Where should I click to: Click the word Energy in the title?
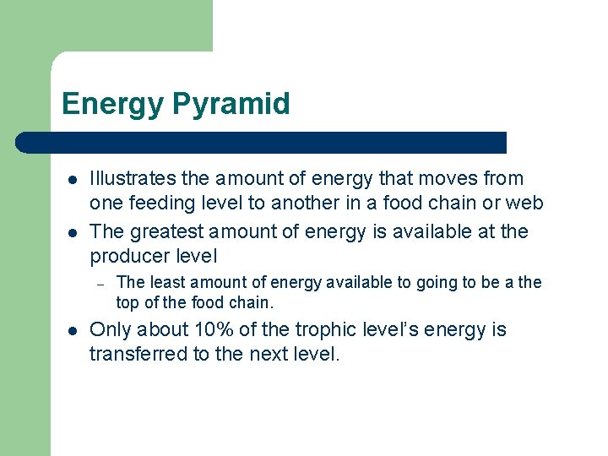click(112, 104)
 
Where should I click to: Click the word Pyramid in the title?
click(231, 104)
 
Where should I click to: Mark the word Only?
click(109, 329)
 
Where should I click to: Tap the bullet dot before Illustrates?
click(73, 180)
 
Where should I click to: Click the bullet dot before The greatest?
click(73, 232)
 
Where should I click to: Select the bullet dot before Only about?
click(73, 330)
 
